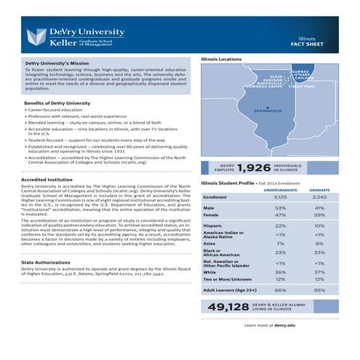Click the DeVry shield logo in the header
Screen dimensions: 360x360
(36, 37)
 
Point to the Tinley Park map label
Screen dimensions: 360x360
(301, 86)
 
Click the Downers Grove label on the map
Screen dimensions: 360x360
(265, 87)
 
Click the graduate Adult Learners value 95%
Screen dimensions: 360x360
(319, 289)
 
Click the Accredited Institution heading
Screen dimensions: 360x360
(47, 179)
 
